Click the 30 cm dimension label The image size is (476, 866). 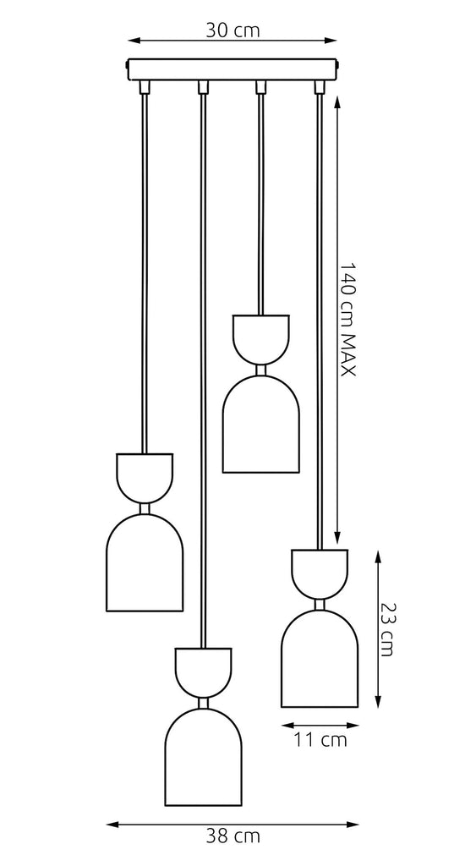233,30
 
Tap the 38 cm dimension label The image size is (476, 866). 233,836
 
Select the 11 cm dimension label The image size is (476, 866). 320,739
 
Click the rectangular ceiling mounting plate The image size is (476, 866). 232,69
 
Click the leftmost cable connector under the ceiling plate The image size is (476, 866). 145,87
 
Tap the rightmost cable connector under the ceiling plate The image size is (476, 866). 320,87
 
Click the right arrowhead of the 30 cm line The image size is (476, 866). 331,41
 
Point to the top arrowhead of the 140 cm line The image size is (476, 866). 337,101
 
